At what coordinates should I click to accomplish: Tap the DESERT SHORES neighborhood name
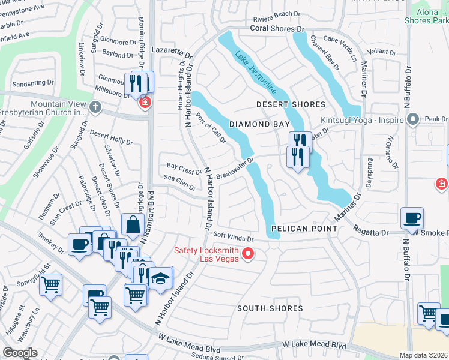(x=291, y=104)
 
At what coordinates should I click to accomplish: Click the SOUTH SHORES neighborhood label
(x=270, y=308)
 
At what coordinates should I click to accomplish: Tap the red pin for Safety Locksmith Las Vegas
(x=247, y=255)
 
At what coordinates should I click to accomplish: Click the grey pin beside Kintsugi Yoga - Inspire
(x=412, y=120)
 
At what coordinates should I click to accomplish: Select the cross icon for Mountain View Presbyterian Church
(x=95, y=107)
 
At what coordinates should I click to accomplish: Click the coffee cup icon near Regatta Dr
(x=412, y=218)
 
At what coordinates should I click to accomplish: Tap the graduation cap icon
(x=160, y=278)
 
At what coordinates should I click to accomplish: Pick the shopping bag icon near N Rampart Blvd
(x=131, y=225)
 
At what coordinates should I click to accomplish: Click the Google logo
(x=20, y=353)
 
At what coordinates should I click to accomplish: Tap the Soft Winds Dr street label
(x=234, y=237)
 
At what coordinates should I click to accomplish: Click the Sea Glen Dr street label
(x=179, y=181)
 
